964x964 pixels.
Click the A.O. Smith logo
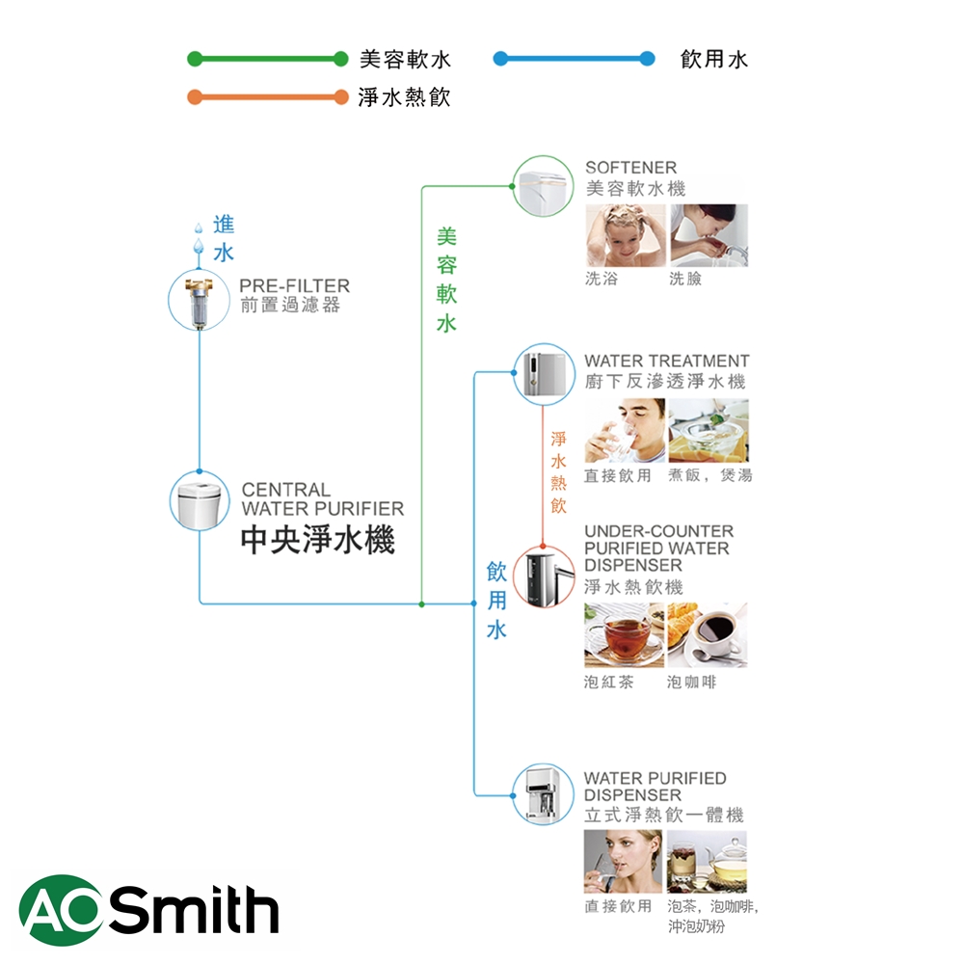click(x=148, y=910)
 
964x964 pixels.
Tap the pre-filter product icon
click(x=199, y=301)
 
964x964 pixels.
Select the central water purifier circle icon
click(x=200, y=500)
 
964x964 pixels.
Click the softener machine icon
click(x=544, y=185)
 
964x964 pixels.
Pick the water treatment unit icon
click(x=544, y=374)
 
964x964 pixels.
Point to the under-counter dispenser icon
click(x=544, y=576)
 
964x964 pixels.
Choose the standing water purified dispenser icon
click(x=544, y=794)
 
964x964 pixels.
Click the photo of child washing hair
click(x=624, y=235)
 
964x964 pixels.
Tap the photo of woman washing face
click(x=709, y=235)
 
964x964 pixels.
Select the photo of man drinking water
click(x=624, y=431)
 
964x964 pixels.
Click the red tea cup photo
click(x=624, y=635)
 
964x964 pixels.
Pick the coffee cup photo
click(x=708, y=635)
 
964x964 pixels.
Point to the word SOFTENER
click(x=631, y=168)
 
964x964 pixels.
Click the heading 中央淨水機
click(x=317, y=540)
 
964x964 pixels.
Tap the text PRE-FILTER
click(x=295, y=286)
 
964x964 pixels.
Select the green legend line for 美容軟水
click(x=267, y=59)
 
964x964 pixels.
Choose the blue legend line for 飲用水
click(x=574, y=59)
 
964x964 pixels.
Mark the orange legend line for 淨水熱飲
click(x=267, y=97)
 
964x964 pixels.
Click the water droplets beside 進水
click(x=199, y=239)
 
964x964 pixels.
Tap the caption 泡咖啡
click(x=692, y=683)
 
